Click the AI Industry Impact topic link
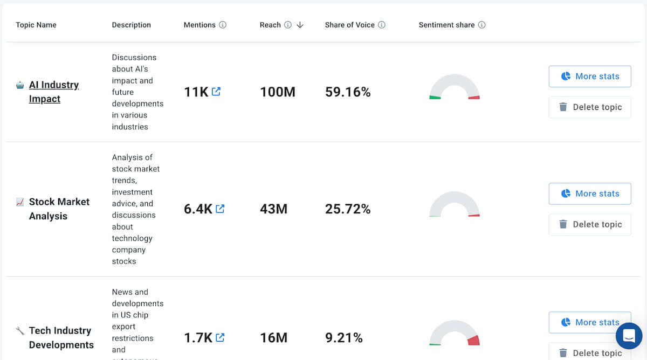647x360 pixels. pos(53,92)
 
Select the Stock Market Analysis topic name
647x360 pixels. pos(59,209)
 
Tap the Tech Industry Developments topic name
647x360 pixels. pos(61,337)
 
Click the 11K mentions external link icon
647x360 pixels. pos(216,92)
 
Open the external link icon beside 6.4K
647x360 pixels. pos(220,209)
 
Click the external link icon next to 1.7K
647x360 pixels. pos(220,337)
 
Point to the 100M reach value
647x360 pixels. pos(277,92)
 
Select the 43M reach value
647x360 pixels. pos(273,209)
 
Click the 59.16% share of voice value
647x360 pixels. pos(348,92)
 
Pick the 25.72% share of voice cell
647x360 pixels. pos(348,209)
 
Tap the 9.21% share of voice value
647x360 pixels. pos(343,338)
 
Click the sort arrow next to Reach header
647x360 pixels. pos(300,25)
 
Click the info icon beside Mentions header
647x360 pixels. pos(223,25)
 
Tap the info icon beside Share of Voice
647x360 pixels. pos(382,25)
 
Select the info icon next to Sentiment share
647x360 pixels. pos(482,25)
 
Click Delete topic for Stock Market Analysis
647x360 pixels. pos(590,224)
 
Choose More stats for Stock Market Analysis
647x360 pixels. pos(590,193)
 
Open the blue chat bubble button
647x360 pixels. pos(629,336)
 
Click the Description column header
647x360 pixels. pos(131,25)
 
